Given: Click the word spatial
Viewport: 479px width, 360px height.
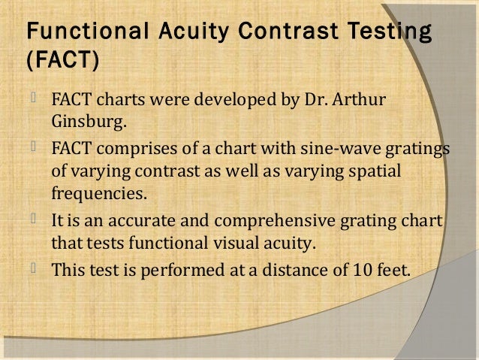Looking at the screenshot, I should pyautogui.click(x=375, y=171).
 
